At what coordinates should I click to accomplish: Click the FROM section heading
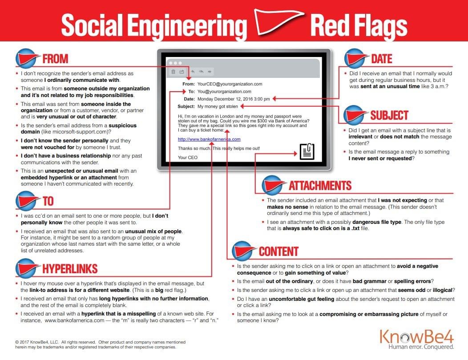tap(55, 59)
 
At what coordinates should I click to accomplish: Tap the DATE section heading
tap(381, 59)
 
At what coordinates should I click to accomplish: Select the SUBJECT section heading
tap(389, 115)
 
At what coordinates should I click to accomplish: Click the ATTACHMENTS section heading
tap(320, 186)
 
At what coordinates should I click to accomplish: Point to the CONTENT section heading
tap(278, 251)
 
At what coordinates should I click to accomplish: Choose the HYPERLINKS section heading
tap(70, 269)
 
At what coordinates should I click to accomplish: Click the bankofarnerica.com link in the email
tap(209, 139)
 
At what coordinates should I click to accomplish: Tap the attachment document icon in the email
tap(307, 151)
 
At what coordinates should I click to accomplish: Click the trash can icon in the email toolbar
tap(173, 72)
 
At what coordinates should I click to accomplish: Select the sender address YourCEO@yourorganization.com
tap(230, 84)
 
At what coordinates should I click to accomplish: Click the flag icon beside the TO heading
tap(27, 202)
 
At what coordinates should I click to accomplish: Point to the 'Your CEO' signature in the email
tap(187, 158)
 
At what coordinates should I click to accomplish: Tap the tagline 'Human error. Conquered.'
tap(421, 347)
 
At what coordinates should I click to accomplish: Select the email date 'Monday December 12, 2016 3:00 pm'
tap(234, 99)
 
